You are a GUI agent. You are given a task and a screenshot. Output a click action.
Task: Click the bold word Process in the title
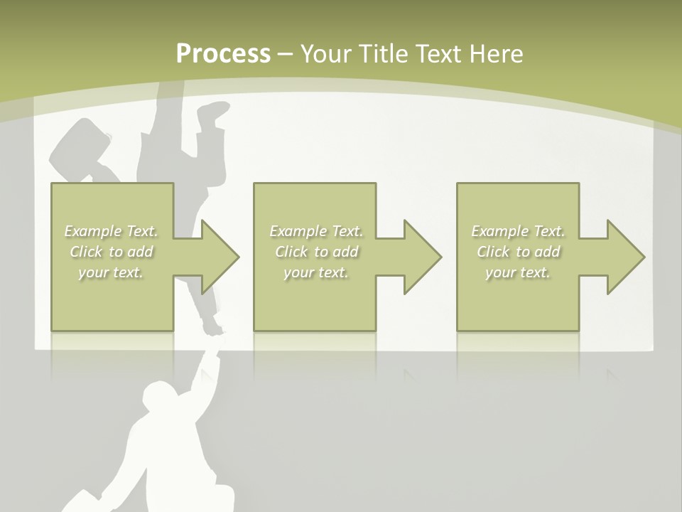223,54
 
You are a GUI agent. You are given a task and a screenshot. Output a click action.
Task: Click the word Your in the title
325,54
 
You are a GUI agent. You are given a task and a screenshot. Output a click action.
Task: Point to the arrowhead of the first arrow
220,257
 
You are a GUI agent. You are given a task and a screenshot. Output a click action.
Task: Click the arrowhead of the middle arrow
423,257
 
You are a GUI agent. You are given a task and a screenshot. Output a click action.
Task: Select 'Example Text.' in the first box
112,231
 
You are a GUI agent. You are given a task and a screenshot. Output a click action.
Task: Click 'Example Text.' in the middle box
315,231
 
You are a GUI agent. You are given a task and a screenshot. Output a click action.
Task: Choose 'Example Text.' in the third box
518,231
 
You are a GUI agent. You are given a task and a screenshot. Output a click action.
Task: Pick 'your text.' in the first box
111,272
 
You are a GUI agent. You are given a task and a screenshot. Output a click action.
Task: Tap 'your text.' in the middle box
315,272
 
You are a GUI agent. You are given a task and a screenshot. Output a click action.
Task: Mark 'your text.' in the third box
518,272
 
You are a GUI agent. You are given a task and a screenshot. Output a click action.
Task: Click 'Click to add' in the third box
518,252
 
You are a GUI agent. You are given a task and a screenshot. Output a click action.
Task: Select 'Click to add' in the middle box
315,252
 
